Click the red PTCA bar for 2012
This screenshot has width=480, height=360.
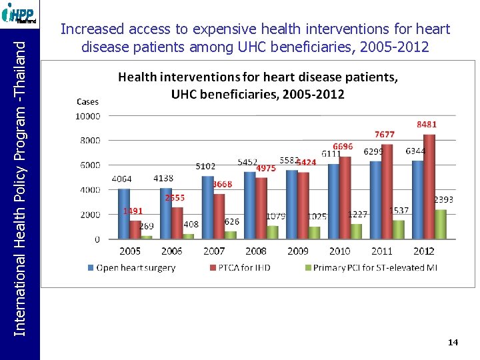pyautogui.click(x=429, y=187)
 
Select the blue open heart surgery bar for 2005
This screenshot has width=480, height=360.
pyautogui.click(x=124, y=213)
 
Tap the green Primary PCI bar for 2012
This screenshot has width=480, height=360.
pyautogui.click(x=441, y=224)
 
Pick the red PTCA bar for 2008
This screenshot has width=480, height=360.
pyautogui.click(x=261, y=207)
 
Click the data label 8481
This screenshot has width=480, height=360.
pyautogui.click(x=427, y=125)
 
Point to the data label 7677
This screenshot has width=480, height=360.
pyautogui.click(x=385, y=135)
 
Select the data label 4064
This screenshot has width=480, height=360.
pyautogui.click(x=121, y=179)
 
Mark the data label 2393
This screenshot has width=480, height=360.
pyautogui.click(x=444, y=199)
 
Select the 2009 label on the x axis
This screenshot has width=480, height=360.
pyautogui.click(x=297, y=251)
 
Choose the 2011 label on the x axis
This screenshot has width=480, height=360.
pyautogui.click(x=381, y=251)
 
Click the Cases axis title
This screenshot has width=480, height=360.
pyautogui.click(x=87, y=102)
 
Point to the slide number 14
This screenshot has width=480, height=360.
pyautogui.click(x=453, y=342)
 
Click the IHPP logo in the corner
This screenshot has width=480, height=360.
pyautogui.click(x=19, y=13)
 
